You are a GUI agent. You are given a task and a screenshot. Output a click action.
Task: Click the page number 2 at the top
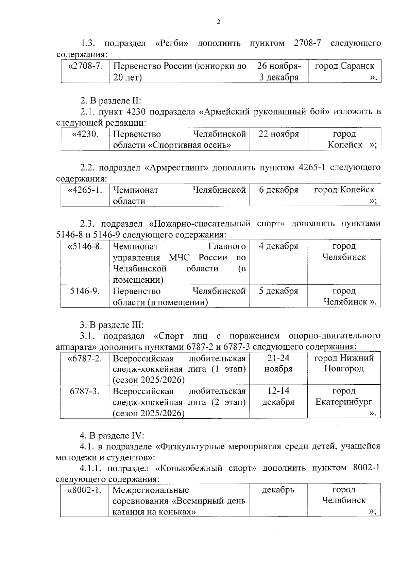pyautogui.click(x=218, y=22)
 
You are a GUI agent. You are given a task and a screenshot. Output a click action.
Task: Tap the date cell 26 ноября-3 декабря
pyautogui.click(x=278, y=71)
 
